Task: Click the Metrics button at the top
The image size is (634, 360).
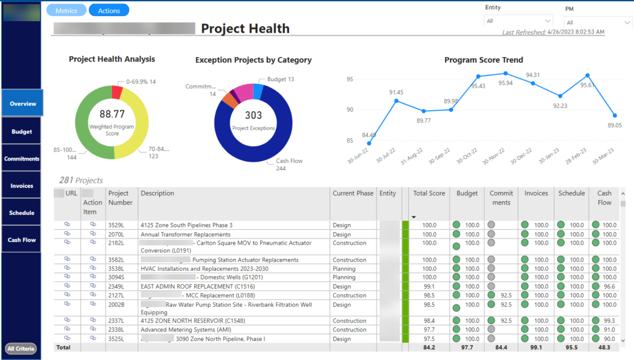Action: point(66,11)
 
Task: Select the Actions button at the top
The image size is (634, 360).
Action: point(109,11)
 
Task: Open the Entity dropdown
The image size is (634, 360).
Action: point(518,21)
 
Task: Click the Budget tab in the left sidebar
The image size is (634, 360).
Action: point(22,131)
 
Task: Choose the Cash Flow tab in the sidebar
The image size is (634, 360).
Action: point(22,240)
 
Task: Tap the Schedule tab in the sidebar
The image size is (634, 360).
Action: point(22,213)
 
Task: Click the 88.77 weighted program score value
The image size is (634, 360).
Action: point(112,114)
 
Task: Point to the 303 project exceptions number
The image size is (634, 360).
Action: point(253,115)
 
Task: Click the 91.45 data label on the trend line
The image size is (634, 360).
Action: point(396,92)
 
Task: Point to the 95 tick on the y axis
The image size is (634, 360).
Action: point(349,79)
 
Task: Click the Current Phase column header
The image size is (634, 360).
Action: point(353,193)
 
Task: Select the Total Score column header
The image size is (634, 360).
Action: point(429,193)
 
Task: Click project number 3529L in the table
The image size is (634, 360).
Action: point(116,225)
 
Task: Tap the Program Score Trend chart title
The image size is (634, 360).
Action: point(484,60)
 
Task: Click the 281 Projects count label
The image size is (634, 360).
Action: point(80,180)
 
